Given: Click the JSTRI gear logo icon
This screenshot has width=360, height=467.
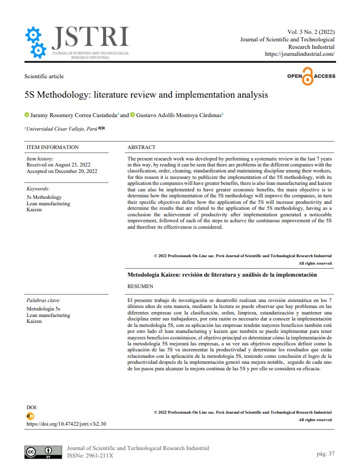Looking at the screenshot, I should pyautogui.click(x=36, y=42).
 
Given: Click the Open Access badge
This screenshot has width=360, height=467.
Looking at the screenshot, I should pyautogui.click(x=311, y=77).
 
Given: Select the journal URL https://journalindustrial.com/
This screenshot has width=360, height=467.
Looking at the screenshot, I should pyautogui.click(x=299, y=54).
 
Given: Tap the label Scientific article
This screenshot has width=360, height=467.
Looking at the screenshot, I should pyautogui.click(x=44, y=76).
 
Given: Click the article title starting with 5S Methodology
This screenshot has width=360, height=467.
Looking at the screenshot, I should pyautogui.click(x=146, y=94).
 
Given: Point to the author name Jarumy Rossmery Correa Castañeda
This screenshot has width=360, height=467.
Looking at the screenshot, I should pyautogui.click(x=73, y=115).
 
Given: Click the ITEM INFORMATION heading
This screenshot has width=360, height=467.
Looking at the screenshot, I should pyautogui.click(x=52, y=147).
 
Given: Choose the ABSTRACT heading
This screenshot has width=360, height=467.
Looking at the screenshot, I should pyautogui.click(x=141, y=147).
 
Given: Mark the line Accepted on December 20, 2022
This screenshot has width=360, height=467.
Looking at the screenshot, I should pyautogui.click(x=62, y=171).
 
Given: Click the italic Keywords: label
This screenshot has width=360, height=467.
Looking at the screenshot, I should pyautogui.click(x=38, y=189).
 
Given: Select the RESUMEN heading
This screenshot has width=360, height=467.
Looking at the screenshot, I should pyautogui.click(x=140, y=287).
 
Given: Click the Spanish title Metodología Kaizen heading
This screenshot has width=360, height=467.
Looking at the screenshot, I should pyautogui.click(x=222, y=275).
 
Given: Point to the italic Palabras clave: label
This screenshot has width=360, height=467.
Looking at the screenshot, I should pyautogui.click(x=43, y=301).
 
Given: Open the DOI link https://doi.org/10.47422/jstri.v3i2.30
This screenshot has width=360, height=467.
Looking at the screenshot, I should pyautogui.click(x=66, y=424).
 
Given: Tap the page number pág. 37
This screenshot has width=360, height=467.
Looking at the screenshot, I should pyautogui.click(x=325, y=454).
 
